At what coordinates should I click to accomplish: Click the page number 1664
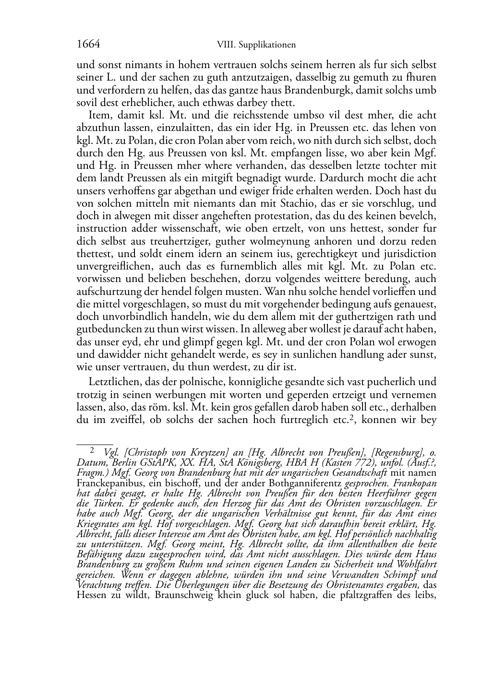click(88, 45)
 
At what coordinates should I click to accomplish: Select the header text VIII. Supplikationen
click(256, 45)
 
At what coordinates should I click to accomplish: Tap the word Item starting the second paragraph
click(99, 115)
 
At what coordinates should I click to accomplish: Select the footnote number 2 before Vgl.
click(92, 450)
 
